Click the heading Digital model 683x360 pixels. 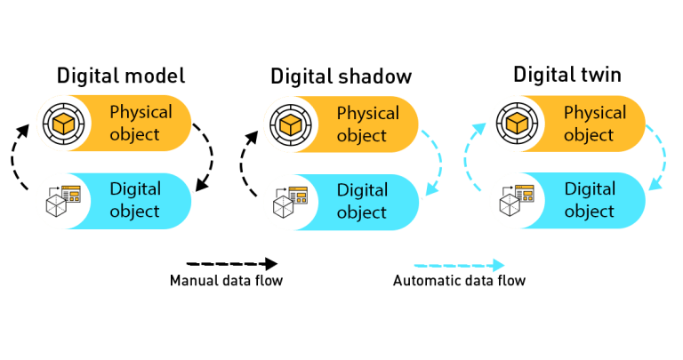click(121, 75)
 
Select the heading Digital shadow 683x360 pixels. click(341, 76)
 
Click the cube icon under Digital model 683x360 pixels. click(61, 124)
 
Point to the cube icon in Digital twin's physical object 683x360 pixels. click(516, 124)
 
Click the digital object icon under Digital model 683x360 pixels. click(61, 200)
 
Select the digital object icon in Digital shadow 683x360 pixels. click(289, 201)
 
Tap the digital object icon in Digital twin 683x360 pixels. click(516, 200)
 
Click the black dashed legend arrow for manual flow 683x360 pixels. click(231, 264)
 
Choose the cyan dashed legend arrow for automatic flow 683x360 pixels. click(458, 265)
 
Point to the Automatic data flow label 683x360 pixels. click(459, 283)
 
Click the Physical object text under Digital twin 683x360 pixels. click(595, 124)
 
